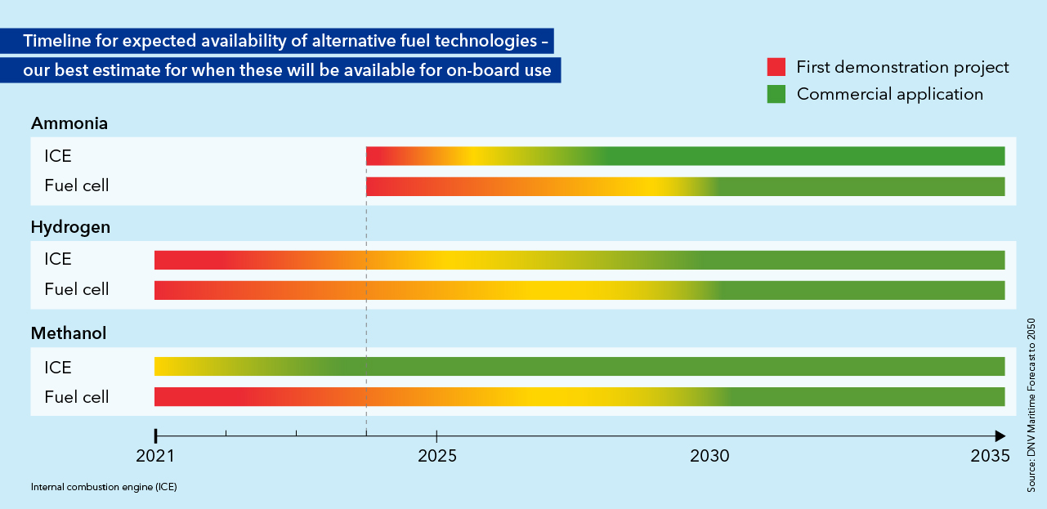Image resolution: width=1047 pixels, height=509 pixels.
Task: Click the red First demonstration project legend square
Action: coord(776,67)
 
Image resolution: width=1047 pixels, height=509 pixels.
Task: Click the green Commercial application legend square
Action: coord(776,94)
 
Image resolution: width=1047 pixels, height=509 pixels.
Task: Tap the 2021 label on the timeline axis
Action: coord(154,458)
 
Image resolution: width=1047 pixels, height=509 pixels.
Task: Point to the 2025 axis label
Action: coord(437,458)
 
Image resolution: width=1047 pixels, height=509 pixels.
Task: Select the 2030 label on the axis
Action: coord(710,458)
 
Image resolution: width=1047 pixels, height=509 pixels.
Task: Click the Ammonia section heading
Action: coord(69,123)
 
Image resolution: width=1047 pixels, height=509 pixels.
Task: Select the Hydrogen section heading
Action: coord(70,227)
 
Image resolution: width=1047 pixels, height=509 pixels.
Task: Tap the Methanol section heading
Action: coord(69,333)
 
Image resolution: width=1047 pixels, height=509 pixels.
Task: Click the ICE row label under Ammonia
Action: coord(58,155)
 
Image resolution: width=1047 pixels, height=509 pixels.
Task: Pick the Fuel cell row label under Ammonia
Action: coord(77,185)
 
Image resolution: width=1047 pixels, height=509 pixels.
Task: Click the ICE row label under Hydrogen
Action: coord(58,259)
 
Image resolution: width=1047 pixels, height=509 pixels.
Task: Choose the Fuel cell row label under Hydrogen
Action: coord(77,289)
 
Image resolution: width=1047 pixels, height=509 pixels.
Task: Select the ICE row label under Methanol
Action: coord(58,366)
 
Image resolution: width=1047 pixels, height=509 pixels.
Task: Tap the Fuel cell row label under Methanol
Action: coord(77,397)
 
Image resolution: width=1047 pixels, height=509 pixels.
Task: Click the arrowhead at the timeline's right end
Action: coord(1000,435)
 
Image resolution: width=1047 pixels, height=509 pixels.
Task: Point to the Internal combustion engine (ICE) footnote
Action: coord(104,487)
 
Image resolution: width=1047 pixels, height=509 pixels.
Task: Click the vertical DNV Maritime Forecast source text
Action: coord(1031,405)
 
